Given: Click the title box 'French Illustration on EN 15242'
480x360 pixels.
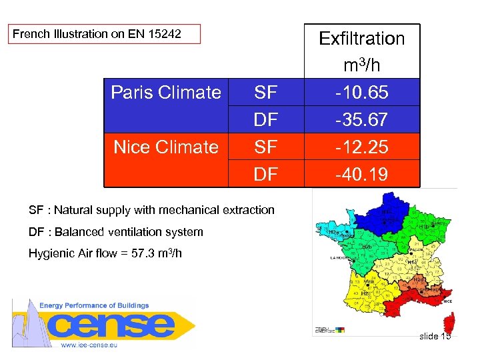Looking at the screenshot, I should coord(104,33).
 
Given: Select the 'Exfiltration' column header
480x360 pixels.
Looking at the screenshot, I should coord(361,39).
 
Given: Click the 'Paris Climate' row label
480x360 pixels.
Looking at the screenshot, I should coord(165,92).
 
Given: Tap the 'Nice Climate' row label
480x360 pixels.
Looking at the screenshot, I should coord(165,147).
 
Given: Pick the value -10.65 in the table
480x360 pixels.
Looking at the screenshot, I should coord(361,92).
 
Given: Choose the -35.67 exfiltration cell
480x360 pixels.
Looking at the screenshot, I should coord(361,119).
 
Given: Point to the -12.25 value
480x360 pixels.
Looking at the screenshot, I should coord(361,147).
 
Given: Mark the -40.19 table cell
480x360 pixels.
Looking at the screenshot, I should coord(361,174).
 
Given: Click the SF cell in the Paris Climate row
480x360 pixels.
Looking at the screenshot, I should coord(267,92).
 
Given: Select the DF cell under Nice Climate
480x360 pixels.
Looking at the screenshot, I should coord(267,174).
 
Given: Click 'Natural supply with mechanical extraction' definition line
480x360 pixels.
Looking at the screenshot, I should coord(151,210).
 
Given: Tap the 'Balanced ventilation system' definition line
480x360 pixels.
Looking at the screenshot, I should coord(116,232).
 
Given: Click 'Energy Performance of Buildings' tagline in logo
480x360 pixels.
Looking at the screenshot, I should coord(94,305).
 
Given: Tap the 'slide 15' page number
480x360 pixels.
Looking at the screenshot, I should coord(435,336).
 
